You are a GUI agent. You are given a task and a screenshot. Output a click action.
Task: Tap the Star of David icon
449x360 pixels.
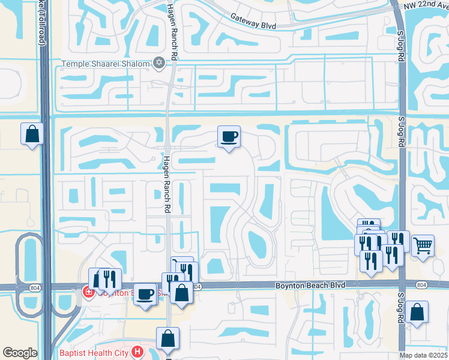(159, 62)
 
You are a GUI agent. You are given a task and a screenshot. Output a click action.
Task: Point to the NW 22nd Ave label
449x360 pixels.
(428, 5)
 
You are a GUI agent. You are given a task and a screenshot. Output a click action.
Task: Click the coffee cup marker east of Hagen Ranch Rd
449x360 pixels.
(229, 137)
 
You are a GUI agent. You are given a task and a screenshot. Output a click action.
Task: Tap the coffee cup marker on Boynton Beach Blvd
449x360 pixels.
(145, 295)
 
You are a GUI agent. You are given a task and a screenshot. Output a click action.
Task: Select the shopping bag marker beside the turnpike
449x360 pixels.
(32, 134)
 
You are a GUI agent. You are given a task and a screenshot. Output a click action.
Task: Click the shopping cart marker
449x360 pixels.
(423, 245)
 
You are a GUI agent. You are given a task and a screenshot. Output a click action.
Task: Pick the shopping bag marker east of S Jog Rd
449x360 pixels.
(417, 312)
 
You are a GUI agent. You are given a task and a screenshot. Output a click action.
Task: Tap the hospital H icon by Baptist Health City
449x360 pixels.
(137, 351)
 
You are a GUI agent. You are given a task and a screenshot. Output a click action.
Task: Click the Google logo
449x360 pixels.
(20, 353)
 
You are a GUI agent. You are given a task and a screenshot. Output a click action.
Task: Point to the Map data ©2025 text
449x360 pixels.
(424, 355)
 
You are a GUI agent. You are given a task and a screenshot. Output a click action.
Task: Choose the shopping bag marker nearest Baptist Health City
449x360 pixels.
(169, 338)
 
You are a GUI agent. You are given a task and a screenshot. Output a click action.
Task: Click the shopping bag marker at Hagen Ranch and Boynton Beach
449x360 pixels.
(181, 293)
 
